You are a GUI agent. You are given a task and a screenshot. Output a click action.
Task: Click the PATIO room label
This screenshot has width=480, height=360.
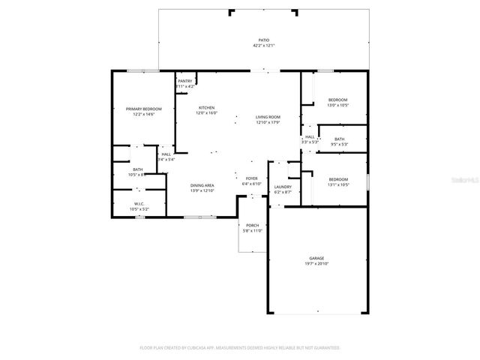264,40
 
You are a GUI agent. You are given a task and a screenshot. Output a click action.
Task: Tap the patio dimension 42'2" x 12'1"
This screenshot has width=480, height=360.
264,46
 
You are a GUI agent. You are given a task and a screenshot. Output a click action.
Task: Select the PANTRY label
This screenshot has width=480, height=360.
185,81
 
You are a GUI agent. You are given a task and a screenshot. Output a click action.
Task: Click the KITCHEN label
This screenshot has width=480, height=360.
206,108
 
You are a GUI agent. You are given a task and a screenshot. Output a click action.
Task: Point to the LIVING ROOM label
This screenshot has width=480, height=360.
268,117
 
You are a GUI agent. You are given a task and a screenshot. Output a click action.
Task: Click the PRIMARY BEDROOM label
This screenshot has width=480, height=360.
143,109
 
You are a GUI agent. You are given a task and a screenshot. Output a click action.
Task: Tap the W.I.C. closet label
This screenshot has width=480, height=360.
139,203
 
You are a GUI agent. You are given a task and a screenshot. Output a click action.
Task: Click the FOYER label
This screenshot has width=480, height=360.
252,178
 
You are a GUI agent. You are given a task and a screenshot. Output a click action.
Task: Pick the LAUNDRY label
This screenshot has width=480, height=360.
283,187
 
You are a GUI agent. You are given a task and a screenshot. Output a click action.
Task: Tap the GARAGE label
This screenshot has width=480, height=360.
316,258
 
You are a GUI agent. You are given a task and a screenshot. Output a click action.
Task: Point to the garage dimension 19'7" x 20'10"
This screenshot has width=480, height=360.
316,263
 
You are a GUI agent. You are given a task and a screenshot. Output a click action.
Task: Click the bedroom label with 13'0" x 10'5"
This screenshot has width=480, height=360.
337,100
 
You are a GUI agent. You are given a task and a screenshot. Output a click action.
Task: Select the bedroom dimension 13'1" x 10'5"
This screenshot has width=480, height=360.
337,184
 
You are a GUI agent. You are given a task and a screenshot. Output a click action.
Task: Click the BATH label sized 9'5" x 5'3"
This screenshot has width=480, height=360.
339,139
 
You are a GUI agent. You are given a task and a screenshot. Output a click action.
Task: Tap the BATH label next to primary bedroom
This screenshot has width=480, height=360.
138,169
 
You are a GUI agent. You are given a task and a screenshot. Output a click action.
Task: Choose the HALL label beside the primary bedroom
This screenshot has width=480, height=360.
166,154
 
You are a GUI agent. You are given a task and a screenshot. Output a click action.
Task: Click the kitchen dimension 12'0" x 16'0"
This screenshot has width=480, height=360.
206,113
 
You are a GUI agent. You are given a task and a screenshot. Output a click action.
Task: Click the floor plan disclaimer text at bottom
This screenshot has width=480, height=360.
240,348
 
